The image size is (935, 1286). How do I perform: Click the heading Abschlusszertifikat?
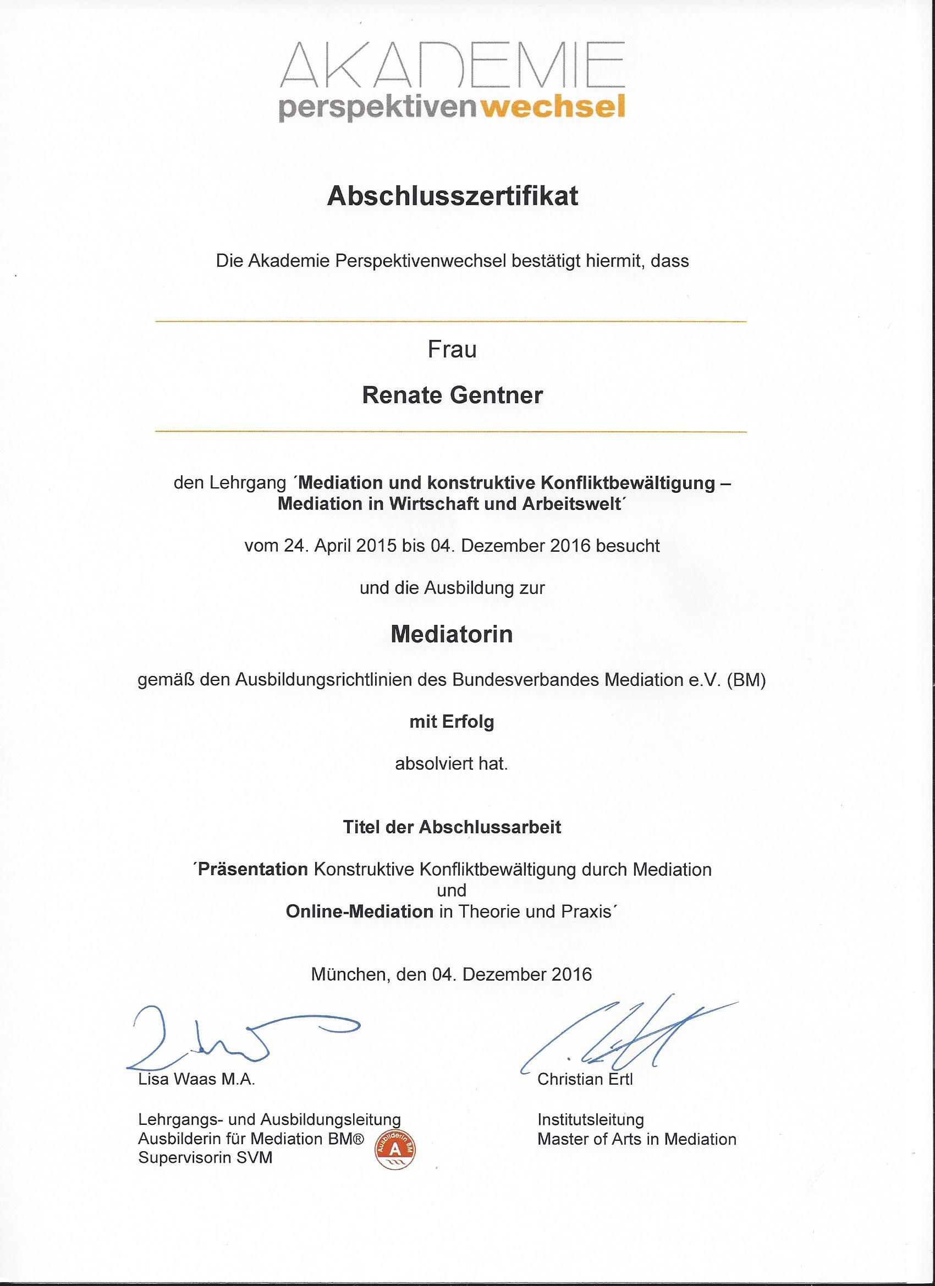pyautogui.click(x=453, y=196)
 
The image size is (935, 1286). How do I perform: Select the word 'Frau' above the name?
pyautogui.click(x=452, y=349)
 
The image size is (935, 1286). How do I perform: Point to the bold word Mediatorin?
pyautogui.click(x=452, y=634)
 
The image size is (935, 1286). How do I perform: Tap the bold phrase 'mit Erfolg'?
pyautogui.click(x=452, y=722)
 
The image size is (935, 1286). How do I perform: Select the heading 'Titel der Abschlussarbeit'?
pyautogui.click(x=452, y=827)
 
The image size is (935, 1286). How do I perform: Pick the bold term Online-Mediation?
pyautogui.click(x=360, y=911)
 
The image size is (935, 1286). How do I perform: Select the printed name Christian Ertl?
pyautogui.click(x=585, y=1079)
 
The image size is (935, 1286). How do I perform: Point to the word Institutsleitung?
pyautogui.click(x=590, y=1120)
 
